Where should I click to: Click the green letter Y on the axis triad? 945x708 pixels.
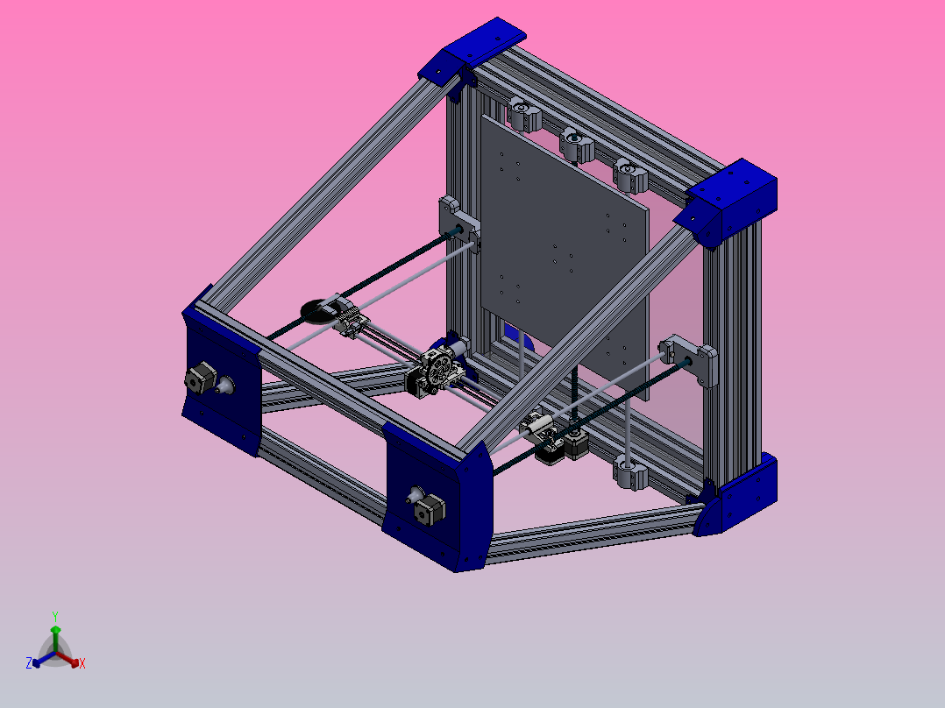tap(54, 615)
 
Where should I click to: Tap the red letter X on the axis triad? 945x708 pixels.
tap(82, 664)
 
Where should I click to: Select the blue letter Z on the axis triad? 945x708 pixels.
tap(29, 664)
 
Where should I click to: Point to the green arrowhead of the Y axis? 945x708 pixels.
tap(54, 629)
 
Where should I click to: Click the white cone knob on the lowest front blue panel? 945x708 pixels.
tap(411, 495)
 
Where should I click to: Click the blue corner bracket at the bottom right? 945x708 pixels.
tap(738, 500)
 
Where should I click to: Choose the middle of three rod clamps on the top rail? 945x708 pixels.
tap(577, 144)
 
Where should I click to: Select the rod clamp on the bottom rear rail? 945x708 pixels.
tap(630, 473)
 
